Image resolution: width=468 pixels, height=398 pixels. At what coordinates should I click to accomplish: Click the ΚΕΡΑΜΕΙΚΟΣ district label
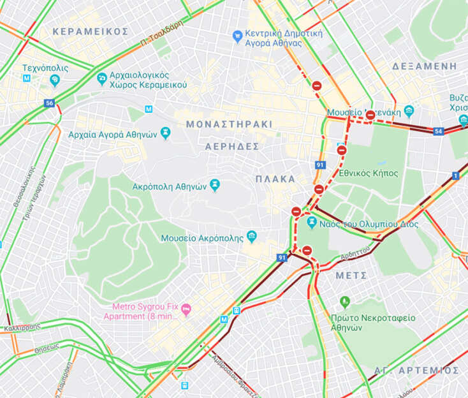[x=91, y=31]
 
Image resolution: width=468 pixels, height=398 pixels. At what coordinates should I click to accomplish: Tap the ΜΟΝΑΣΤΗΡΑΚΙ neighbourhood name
[x=229, y=124]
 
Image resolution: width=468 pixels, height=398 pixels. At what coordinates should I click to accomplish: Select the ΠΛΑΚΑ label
[x=275, y=179]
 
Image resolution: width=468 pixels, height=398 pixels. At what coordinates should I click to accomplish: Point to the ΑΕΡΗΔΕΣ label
[x=231, y=146]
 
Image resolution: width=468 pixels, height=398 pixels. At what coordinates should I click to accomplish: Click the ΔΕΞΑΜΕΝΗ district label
[x=425, y=66]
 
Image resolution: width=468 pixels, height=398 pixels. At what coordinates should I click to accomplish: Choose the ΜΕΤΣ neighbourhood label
[x=351, y=276]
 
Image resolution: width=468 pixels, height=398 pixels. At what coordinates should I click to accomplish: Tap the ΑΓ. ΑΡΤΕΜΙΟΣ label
[x=417, y=371]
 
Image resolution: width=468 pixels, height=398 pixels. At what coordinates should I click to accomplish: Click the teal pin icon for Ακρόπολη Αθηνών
[x=215, y=185]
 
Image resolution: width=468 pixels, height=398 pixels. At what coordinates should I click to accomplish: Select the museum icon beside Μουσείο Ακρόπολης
[x=252, y=237]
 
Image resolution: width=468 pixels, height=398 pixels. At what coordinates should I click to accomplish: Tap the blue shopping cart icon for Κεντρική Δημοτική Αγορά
[x=237, y=36]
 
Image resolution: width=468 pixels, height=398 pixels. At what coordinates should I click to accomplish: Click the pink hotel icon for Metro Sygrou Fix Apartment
[x=186, y=310]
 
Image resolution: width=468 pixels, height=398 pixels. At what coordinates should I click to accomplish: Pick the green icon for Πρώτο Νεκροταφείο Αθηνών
[x=345, y=302]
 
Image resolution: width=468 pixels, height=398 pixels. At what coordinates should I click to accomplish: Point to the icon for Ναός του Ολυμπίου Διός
[x=312, y=223]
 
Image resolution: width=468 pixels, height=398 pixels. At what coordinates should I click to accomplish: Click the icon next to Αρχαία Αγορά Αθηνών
[x=166, y=133]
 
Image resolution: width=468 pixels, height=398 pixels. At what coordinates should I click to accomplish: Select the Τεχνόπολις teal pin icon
[x=55, y=80]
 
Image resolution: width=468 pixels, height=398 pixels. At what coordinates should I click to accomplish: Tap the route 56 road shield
[x=49, y=103]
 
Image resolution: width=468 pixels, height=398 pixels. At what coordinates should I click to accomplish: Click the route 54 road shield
[x=438, y=131]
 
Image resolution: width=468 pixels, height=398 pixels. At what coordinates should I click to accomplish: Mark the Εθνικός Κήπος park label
[x=369, y=173]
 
